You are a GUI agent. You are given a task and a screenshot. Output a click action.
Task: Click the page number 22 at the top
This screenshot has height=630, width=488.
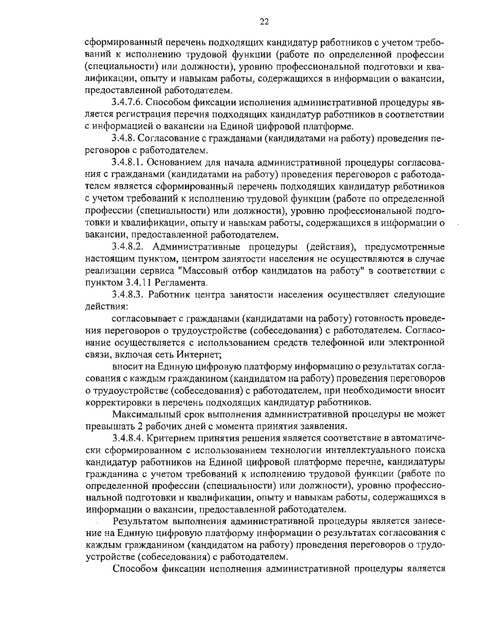264,22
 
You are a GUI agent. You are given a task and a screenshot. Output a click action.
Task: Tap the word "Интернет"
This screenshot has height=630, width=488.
199,355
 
